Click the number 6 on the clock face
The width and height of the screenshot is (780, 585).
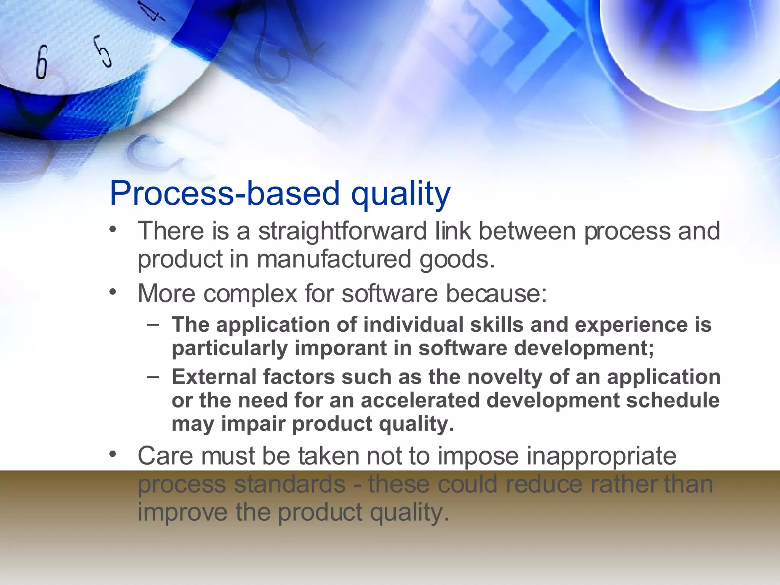[42, 62]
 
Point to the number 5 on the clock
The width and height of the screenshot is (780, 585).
[103, 51]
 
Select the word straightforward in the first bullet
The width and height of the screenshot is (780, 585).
[342, 231]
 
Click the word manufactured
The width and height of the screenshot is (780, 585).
[334, 259]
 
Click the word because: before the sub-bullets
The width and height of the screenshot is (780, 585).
[496, 294]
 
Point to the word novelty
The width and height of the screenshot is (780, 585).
[505, 377]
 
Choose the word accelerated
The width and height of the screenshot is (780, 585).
[420, 400]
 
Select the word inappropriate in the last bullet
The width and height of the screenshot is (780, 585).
[601, 456]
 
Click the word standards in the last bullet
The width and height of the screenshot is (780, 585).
[289, 484]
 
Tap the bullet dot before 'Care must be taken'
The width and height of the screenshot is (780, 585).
[112, 454]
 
